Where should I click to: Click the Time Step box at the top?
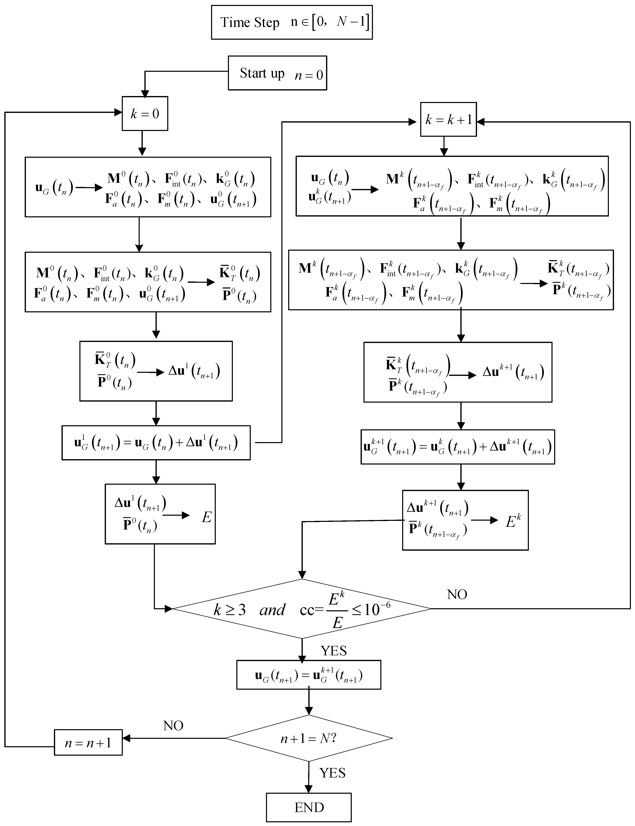pos(291,22)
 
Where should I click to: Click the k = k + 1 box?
pos(448,119)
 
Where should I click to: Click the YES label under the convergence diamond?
pos(333,651)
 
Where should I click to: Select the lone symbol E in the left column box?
pos(206,517)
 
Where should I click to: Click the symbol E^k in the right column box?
pos(513,521)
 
